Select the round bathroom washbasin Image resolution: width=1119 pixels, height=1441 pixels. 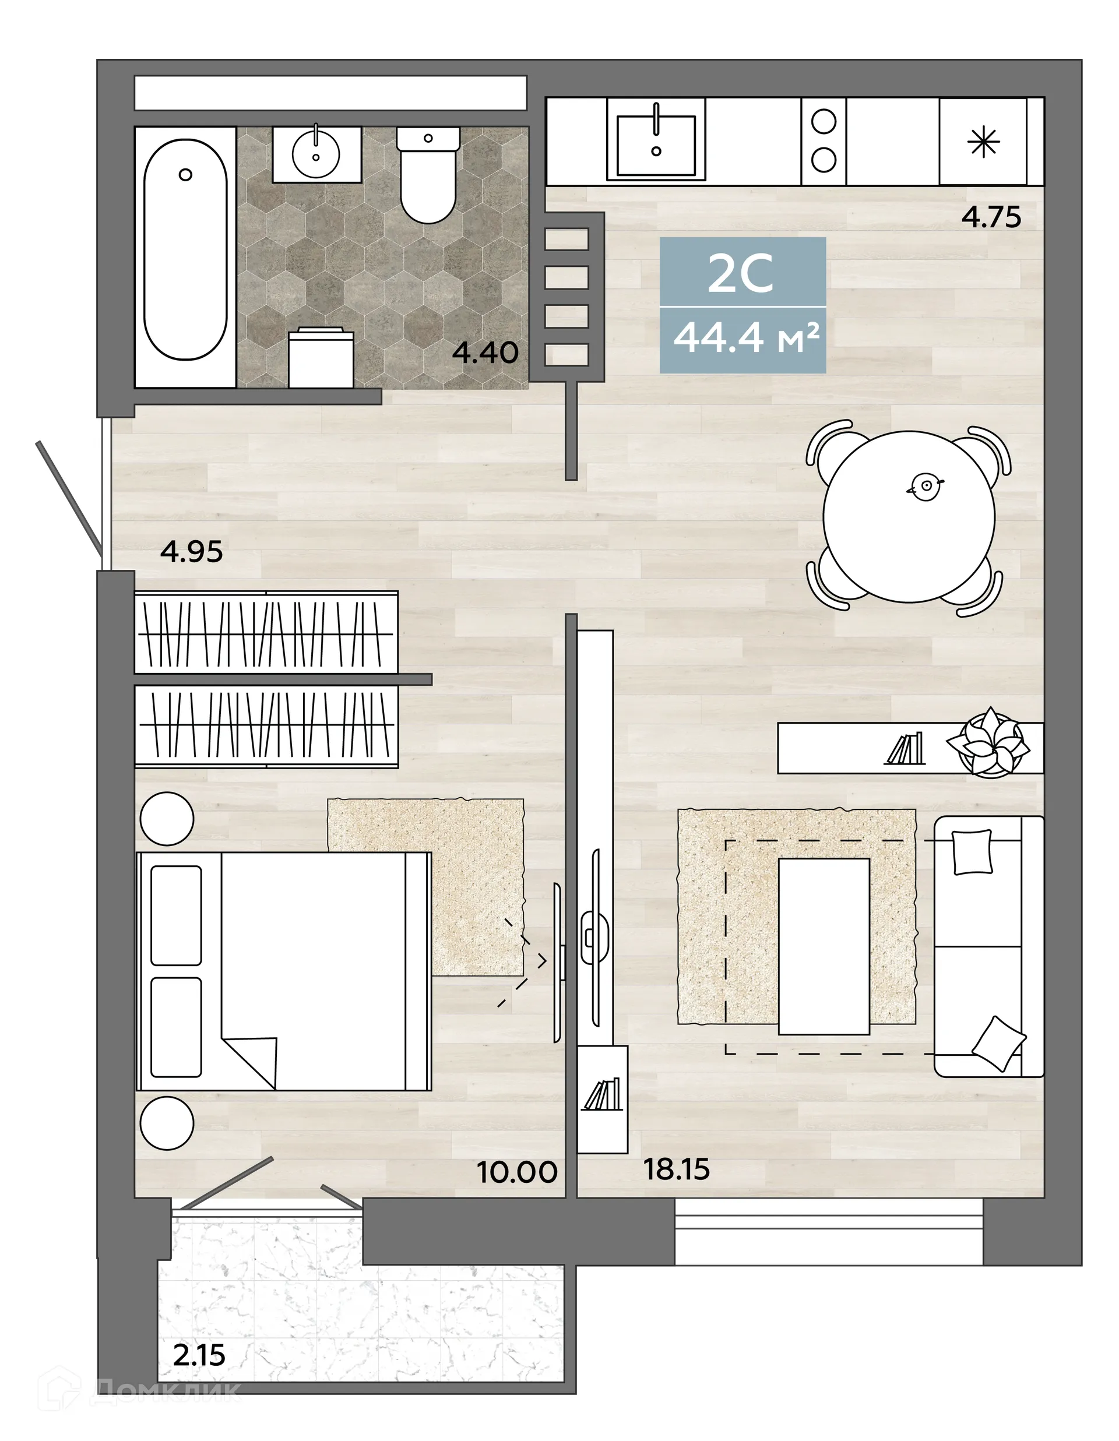pos(316,154)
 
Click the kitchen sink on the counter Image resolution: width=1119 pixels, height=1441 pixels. pos(656,139)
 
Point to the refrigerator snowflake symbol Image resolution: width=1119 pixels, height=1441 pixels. pos(983,142)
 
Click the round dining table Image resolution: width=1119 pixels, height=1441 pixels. pos(909,517)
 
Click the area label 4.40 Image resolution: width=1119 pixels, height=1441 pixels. pos(485,353)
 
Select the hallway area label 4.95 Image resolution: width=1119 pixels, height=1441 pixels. pos(191,552)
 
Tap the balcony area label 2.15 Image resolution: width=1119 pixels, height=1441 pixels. pos(199,1355)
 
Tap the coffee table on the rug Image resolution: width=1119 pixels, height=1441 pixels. pos(824,946)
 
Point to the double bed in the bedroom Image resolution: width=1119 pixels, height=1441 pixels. pos(284,970)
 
